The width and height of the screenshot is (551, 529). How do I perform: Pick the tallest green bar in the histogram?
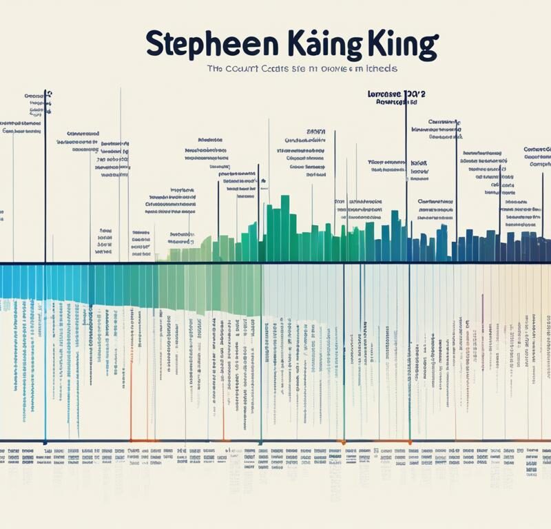pos(285,227)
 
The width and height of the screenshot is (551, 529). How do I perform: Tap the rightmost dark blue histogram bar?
pos(545,249)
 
